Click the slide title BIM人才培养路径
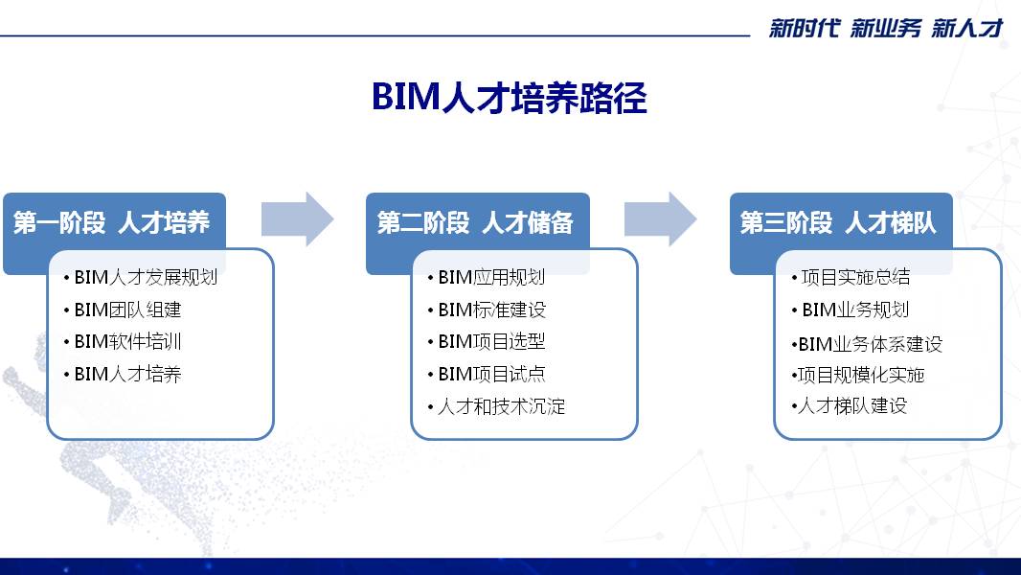[510, 98]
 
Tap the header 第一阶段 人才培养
[111, 222]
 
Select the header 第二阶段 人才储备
[475, 222]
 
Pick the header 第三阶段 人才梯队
[838, 222]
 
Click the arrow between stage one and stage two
[298, 219]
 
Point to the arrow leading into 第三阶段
[661, 219]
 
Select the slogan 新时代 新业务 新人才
[886, 28]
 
